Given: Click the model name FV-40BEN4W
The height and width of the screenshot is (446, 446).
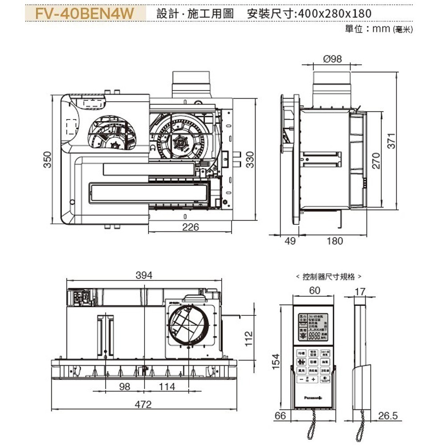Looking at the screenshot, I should click(85, 13).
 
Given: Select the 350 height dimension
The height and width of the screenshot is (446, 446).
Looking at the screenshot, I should click(47, 159).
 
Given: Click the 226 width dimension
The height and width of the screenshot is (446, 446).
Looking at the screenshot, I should click(190, 227).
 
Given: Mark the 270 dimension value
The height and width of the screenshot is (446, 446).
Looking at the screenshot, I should click(376, 160).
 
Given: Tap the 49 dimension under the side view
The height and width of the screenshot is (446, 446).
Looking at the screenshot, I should click(290, 241).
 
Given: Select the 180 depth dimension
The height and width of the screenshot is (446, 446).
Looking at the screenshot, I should click(334, 241).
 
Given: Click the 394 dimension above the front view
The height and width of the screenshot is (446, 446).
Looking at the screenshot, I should click(144, 276).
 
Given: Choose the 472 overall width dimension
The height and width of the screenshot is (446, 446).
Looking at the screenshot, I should click(144, 405).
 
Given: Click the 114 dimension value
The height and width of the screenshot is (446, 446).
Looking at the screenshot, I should click(167, 387).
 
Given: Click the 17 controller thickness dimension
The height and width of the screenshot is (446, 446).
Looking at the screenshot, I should click(360, 292).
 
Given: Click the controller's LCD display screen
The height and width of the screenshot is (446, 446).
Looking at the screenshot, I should click(314, 328).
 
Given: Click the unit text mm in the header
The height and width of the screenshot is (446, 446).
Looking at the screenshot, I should click(382, 29).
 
